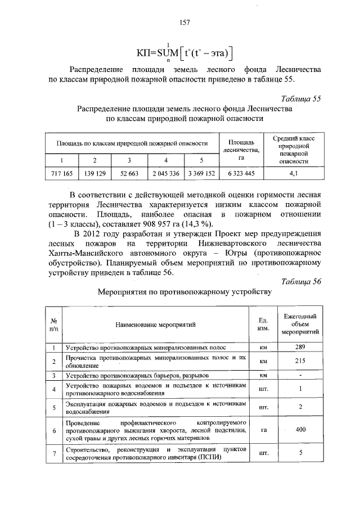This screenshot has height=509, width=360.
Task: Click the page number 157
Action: point(185,22)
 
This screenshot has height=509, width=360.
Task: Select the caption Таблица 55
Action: point(301,98)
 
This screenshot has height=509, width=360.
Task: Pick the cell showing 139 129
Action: point(94,174)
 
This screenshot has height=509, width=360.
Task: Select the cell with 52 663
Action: point(129,174)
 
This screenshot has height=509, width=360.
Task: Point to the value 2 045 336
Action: point(165,174)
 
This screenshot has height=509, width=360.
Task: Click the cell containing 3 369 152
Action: point(201,174)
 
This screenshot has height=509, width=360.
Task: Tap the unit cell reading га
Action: point(263,430)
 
